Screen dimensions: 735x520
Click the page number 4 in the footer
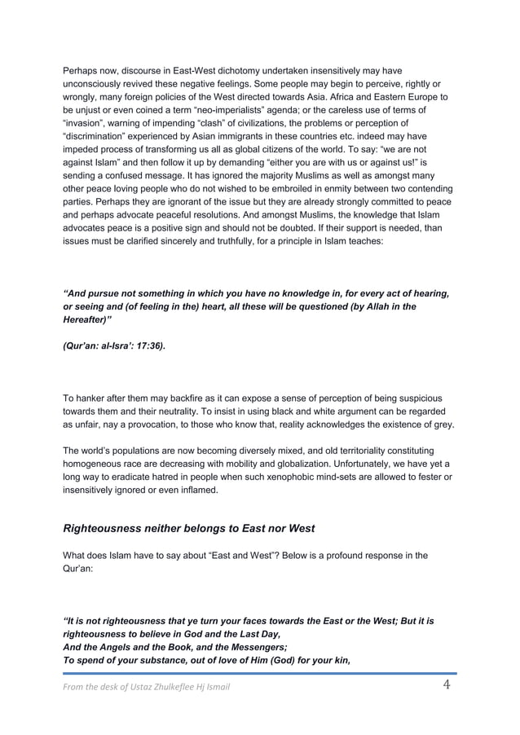[x=447, y=684]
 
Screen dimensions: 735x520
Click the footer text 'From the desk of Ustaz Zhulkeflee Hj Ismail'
[x=147, y=687]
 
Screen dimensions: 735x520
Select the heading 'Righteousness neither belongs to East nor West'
[x=188, y=529]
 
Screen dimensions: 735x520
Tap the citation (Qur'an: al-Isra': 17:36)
[x=114, y=346]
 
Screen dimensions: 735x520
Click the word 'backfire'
[x=189, y=398]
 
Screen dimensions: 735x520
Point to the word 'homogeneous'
[x=96, y=463]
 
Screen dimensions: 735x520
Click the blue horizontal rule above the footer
[x=260, y=673]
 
